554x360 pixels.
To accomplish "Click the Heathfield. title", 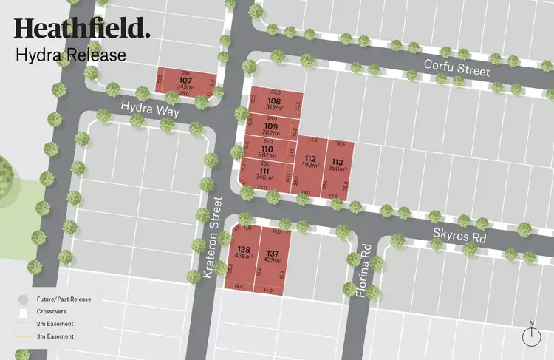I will (81, 29).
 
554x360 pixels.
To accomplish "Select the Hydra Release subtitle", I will (71, 55).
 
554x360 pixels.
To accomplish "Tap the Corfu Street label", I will (456, 68).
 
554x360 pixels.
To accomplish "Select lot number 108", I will (275, 101).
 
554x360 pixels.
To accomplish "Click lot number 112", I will (310, 160).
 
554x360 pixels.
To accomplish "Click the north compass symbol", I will (531, 335).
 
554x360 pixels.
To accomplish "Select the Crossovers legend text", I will (57, 312).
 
